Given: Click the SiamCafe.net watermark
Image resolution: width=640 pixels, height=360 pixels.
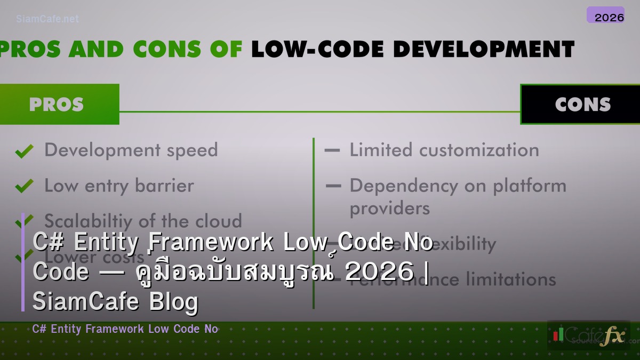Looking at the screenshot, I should point(47,19).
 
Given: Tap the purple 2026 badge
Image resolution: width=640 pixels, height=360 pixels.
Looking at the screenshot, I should point(605,15).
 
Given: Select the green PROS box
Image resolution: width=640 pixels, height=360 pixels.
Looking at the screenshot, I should point(57,104).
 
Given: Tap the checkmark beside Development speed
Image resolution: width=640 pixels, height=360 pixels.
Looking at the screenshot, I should point(24,151).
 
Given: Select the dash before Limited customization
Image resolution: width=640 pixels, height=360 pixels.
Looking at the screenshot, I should point(332,151).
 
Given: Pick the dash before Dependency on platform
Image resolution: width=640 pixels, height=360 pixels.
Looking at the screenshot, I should point(332,186).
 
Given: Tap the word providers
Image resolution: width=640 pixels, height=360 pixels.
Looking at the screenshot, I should point(389,208).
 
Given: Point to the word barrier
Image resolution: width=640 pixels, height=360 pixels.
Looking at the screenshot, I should point(164,186).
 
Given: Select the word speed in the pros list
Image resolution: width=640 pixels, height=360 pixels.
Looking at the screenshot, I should point(193,151).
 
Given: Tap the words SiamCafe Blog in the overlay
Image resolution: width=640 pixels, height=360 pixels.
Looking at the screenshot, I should point(115,302).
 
